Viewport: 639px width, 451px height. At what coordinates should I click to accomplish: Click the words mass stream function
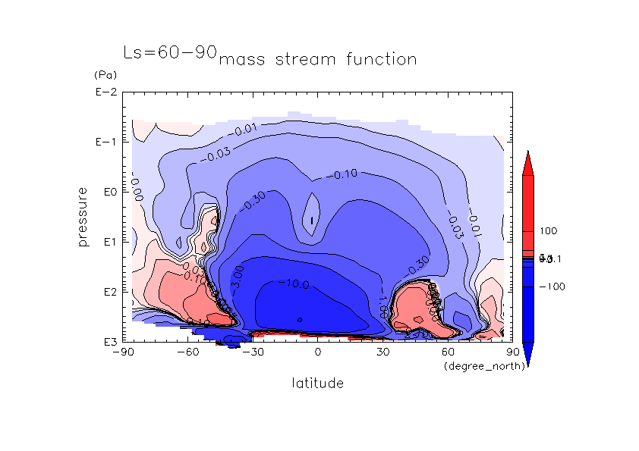click(317, 59)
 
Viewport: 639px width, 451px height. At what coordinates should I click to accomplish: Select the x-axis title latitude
click(317, 384)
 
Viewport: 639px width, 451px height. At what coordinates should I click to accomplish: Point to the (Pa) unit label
click(103, 75)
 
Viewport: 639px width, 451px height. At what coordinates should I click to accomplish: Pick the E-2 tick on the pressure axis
click(103, 92)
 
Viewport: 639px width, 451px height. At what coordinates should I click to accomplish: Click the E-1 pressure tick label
click(103, 143)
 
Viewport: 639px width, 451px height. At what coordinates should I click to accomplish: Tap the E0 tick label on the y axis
click(106, 193)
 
